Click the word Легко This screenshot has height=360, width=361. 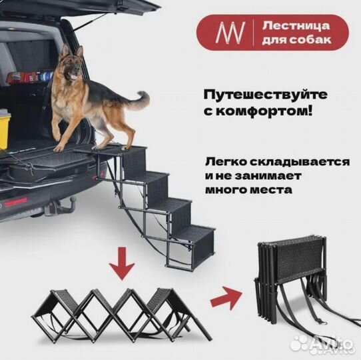(223, 163)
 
